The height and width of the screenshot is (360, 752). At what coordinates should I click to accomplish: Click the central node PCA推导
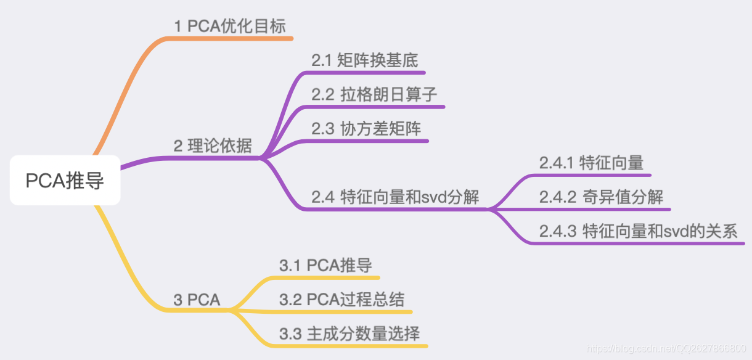click(65, 181)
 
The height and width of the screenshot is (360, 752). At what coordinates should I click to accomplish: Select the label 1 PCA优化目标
click(229, 26)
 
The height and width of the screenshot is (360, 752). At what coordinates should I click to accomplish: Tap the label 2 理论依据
click(213, 146)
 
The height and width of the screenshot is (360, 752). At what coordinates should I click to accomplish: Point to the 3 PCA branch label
click(197, 300)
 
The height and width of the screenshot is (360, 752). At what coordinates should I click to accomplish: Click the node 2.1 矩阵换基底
click(364, 60)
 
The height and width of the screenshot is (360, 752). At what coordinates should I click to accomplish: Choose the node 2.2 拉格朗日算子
click(374, 94)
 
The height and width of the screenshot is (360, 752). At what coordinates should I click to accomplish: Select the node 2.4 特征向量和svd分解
click(395, 197)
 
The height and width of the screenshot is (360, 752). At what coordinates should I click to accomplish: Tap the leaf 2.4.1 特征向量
click(591, 163)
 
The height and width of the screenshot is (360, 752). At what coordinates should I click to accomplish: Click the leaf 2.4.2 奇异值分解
click(601, 197)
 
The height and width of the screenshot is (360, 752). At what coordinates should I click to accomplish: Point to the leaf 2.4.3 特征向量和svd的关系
click(638, 231)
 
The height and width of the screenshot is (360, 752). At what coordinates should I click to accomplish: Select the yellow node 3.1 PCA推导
click(325, 266)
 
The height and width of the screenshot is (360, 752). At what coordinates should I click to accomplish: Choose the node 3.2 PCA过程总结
click(341, 300)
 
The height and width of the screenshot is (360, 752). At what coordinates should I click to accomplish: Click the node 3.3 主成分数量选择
click(349, 334)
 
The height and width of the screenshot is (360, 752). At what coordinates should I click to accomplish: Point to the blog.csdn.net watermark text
click(666, 349)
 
